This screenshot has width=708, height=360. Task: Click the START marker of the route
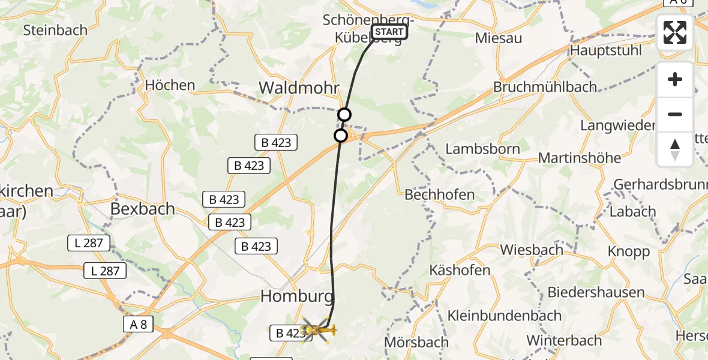(389, 32)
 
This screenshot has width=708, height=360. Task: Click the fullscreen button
(675, 32)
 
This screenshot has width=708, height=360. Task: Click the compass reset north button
(675, 149)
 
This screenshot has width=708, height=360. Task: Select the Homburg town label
(296, 296)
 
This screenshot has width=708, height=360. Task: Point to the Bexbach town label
(143, 209)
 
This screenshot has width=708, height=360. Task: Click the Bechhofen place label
(440, 194)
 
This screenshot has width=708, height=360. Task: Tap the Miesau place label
(498, 38)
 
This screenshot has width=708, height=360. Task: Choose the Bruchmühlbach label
(545, 87)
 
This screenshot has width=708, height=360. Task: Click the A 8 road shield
(137, 325)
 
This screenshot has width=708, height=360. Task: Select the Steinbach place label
(55, 29)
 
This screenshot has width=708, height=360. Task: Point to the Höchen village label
(170, 85)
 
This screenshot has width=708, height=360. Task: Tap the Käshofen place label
(460, 270)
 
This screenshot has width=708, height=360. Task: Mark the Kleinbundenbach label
(505, 316)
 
